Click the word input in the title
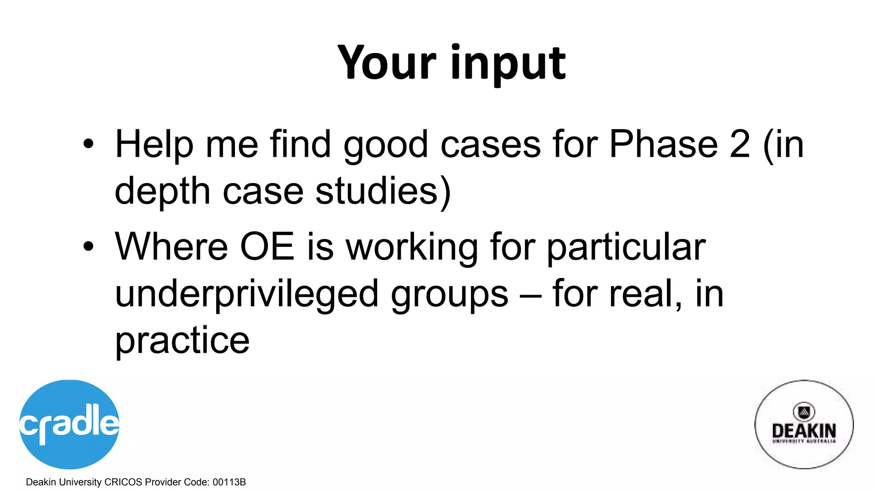click(x=508, y=64)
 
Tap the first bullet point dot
click(x=88, y=144)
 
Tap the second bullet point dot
click(x=88, y=247)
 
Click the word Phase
click(x=663, y=144)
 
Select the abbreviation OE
click(x=267, y=246)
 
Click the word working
click(x=411, y=248)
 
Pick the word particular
click(x=626, y=248)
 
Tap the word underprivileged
click(x=247, y=295)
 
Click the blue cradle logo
click(x=69, y=424)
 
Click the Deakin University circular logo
click(x=804, y=424)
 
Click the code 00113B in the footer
click(x=229, y=482)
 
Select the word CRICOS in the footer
click(x=123, y=482)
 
